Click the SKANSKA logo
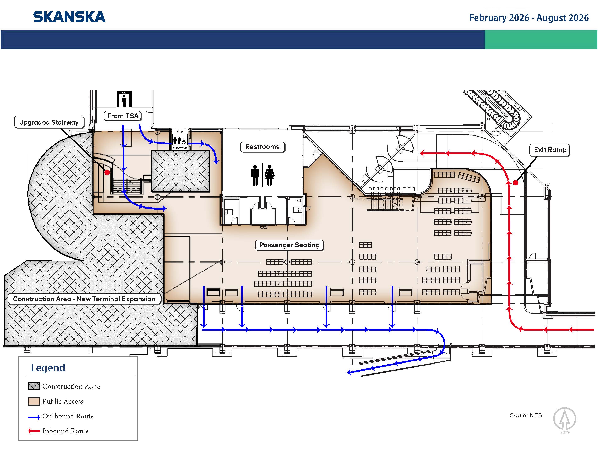[69, 17]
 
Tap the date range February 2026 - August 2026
[529, 18]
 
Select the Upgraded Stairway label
[49, 122]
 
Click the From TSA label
[123, 116]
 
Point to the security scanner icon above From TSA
[124, 99]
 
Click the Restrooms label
[262, 147]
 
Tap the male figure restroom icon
[255, 175]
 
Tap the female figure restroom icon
[270, 175]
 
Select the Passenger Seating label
[289, 245]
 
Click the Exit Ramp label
[550, 150]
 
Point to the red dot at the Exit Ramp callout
[516, 183]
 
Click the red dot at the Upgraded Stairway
[107, 172]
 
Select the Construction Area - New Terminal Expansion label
[84, 299]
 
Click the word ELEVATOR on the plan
[180, 148]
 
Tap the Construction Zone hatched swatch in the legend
[34, 386]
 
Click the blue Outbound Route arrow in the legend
[34, 417]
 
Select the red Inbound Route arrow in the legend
[34, 431]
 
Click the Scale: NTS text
[526, 415]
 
